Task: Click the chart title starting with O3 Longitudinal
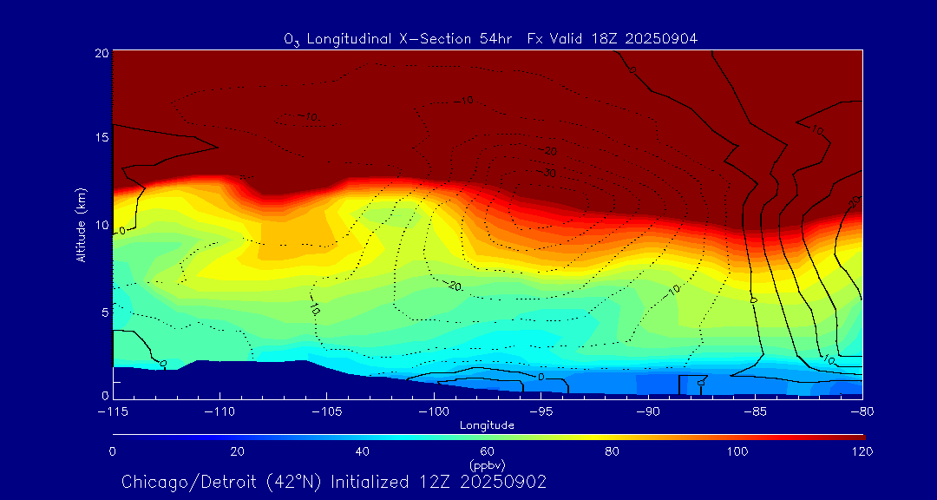click(491, 38)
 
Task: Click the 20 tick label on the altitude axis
click(101, 54)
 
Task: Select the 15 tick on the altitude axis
click(101, 138)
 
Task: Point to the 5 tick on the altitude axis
click(103, 311)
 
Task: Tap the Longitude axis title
click(488, 425)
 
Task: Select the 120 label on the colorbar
click(862, 451)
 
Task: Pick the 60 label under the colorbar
click(488, 451)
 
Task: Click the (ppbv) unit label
click(488, 464)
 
